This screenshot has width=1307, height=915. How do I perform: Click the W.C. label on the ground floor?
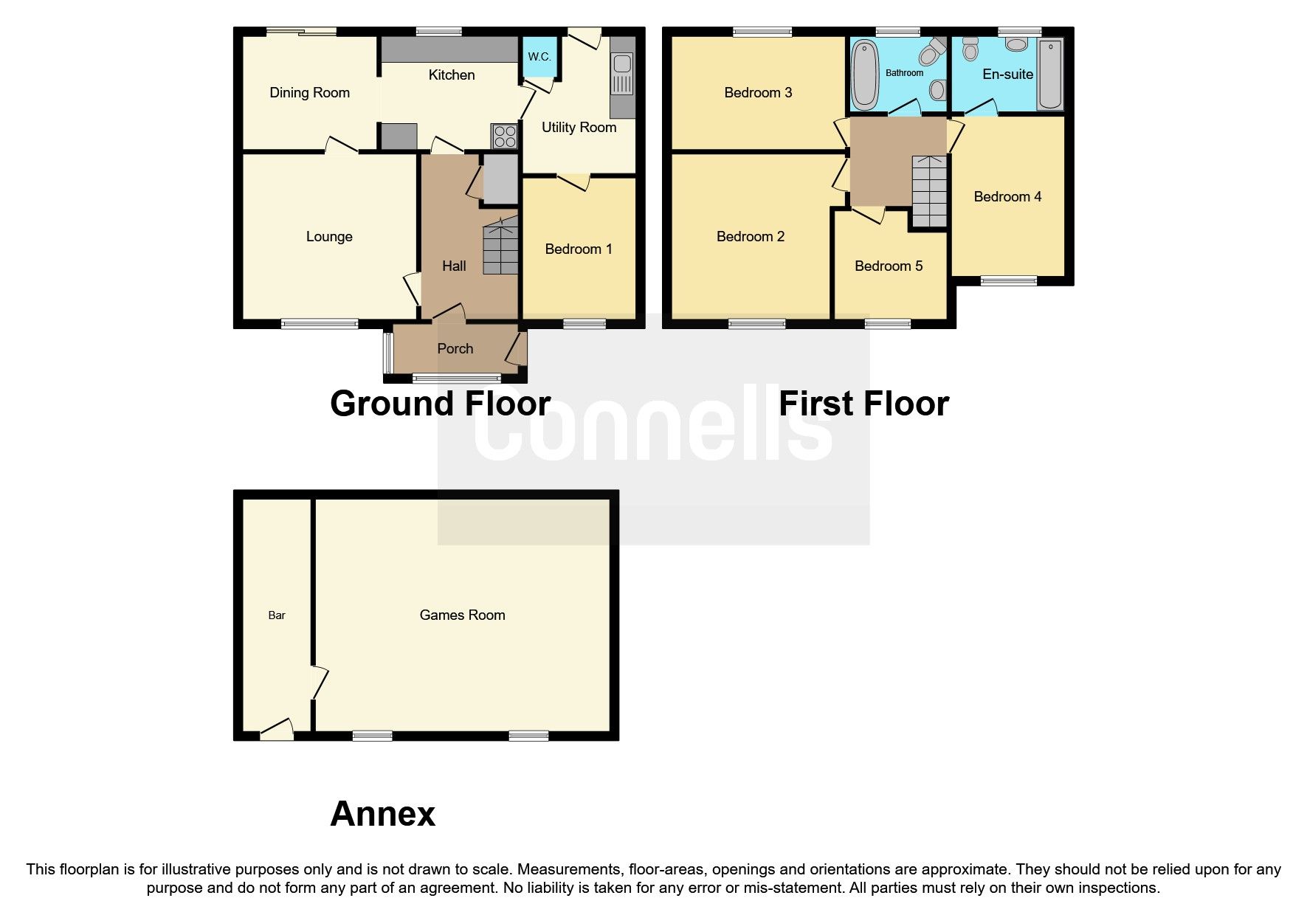pos(539,57)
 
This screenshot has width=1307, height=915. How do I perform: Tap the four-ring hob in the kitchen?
pos(505,137)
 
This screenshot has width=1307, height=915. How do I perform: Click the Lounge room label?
pos(329,237)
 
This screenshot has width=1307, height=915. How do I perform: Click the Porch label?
pos(455,349)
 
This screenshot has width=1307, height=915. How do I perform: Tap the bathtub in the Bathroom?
pos(862,74)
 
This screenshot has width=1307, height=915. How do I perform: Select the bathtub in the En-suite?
pos(1049,75)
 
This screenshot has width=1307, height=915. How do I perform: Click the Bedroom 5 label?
pos(889,266)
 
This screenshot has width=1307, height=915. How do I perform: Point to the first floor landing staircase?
pos(930,191)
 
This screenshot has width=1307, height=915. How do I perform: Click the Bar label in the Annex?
pos(277,615)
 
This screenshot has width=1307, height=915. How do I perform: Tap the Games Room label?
pos(462,615)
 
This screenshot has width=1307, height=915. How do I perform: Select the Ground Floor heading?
pos(440,404)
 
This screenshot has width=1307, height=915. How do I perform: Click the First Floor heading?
pos(863,404)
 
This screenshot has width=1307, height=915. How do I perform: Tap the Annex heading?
pos(382,814)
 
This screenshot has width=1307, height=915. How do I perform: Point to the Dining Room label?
pos(309,93)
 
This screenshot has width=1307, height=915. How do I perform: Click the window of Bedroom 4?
pos(1008,280)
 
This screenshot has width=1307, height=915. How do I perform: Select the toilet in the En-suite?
pos(971,50)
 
